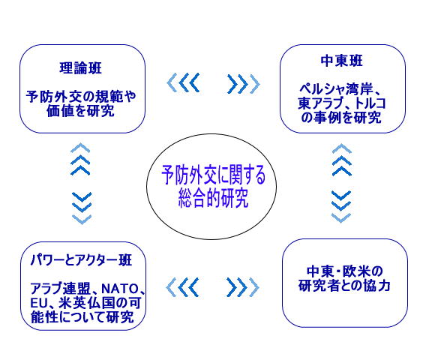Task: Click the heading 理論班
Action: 81,68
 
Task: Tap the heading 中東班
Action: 341,61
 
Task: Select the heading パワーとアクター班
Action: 81,260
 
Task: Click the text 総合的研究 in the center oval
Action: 213,198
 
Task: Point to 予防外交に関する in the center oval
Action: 213,175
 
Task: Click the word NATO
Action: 119,289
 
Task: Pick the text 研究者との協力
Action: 344,286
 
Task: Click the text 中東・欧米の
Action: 344,271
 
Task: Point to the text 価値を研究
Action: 80,111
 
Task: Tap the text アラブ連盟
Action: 60,289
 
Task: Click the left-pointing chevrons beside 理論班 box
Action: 183,82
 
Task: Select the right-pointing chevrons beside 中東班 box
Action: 244,83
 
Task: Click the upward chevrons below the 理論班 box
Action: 80,159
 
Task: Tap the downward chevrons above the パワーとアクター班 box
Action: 82,208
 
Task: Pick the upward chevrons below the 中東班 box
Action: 342,160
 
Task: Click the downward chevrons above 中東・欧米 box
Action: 341,207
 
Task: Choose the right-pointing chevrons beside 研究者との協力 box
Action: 243,287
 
